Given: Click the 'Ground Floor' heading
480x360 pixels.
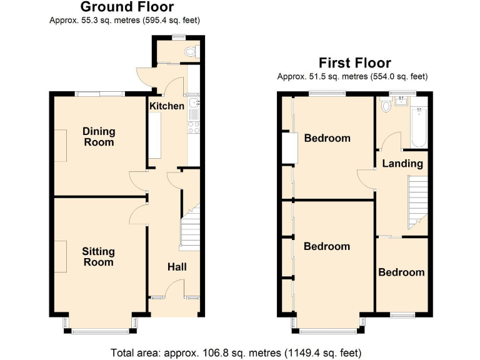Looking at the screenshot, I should click(127, 7).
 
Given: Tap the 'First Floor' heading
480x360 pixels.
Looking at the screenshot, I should click(354, 62).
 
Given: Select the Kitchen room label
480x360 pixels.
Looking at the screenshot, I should click(167, 106).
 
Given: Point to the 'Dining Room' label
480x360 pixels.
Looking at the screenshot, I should click(99, 136).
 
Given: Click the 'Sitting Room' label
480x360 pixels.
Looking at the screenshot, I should click(99, 256).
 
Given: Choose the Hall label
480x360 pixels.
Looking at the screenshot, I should click(177, 267).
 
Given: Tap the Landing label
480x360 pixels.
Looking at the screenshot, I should click(403, 164).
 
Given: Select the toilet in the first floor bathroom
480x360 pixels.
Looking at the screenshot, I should click(386, 106).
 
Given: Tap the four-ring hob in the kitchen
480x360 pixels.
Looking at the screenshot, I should click(194, 127).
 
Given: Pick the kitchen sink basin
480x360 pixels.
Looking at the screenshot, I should click(194, 103).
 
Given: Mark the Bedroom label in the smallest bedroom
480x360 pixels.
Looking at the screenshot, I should click(401, 272).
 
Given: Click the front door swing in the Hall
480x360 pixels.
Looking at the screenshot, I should click(176, 289).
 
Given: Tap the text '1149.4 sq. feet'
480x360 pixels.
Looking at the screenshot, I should click(321, 352).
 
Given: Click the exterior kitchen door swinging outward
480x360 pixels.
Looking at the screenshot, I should click(144, 77).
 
